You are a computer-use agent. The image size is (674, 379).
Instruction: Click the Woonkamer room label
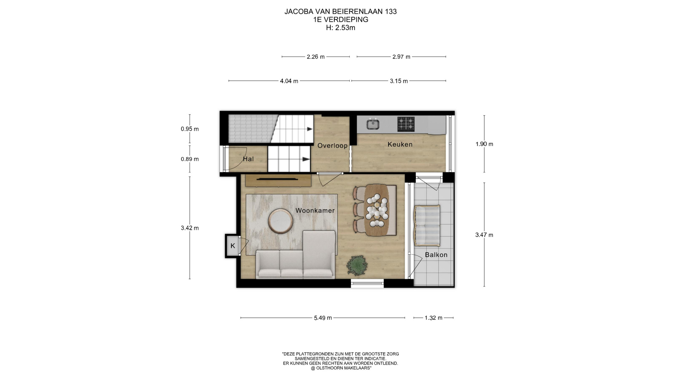(x=315, y=211)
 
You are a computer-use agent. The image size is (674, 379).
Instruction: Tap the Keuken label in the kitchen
(x=400, y=144)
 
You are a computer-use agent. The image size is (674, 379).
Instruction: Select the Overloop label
(x=332, y=146)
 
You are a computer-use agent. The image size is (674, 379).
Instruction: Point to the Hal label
(x=248, y=159)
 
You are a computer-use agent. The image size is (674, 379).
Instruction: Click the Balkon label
(x=436, y=255)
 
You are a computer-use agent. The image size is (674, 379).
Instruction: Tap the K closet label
(x=233, y=246)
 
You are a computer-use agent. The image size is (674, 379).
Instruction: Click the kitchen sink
(x=373, y=124)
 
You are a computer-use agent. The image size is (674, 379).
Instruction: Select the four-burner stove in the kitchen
(x=406, y=124)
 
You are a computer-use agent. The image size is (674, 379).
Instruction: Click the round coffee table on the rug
(x=280, y=221)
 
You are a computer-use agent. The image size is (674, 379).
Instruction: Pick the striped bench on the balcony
(x=427, y=226)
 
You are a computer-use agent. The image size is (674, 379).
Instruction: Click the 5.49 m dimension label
(x=323, y=318)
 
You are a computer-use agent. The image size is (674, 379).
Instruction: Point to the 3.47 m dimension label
(x=484, y=235)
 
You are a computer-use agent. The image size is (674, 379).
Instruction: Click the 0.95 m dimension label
(x=190, y=129)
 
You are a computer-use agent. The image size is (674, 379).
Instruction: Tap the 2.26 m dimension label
(x=316, y=56)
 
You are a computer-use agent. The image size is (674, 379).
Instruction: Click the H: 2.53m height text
(x=341, y=28)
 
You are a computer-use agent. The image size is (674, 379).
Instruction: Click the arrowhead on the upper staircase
(x=310, y=129)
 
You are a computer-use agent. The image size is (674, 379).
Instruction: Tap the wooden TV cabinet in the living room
(x=278, y=180)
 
